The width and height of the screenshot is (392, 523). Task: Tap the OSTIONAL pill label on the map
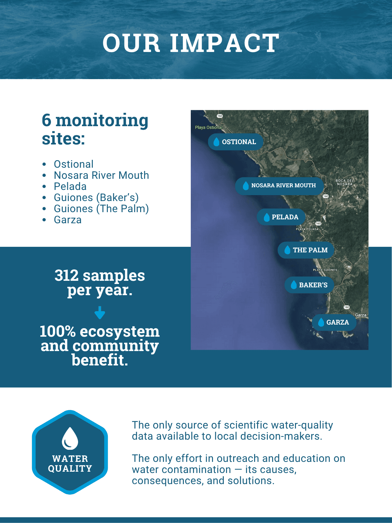point(236,142)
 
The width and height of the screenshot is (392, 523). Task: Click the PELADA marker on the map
point(281,217)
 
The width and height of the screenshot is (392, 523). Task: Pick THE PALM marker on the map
point(306,250)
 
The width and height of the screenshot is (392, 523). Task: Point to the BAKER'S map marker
point(309,285)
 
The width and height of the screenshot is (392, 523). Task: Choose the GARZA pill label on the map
point(334,322)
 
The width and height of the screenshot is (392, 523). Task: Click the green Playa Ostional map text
point(208,127)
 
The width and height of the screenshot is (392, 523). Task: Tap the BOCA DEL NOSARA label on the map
point(345,182)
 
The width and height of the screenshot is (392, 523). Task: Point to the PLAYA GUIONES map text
point(325,270)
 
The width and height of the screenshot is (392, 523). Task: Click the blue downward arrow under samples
point(100,312)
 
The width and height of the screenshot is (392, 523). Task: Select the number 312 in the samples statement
point(66,276)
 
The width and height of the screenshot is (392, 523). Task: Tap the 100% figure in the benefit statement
point(57,331)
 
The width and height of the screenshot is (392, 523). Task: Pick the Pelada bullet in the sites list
point(70,187)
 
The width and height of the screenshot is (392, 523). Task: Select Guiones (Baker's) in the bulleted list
point(96,198)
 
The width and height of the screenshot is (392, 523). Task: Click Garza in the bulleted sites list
point(68,220)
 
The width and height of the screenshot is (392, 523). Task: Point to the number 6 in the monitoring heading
point(46,120)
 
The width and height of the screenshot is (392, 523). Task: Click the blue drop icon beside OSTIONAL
point(216,142)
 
